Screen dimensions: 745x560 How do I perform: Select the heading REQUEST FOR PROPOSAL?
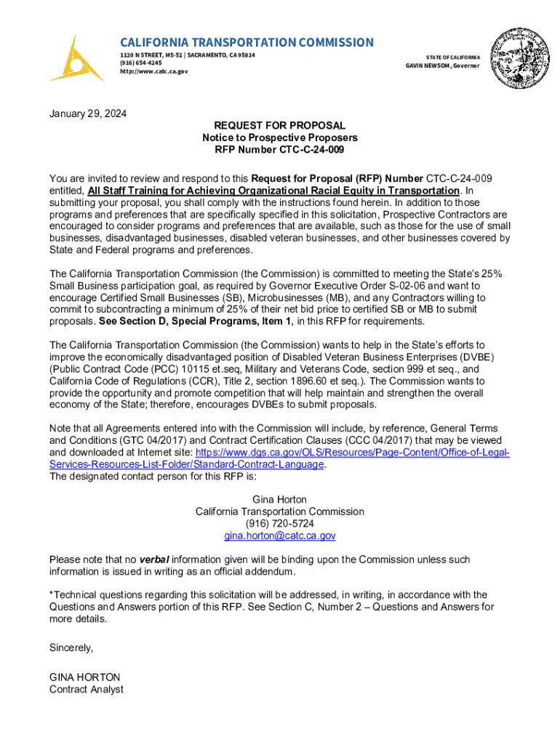coord(280,126)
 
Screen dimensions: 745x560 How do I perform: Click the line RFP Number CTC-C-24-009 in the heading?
coord(280,150)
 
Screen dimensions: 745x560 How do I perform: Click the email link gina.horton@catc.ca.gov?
coord(280,535)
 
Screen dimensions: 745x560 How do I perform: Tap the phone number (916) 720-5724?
coord(280,524)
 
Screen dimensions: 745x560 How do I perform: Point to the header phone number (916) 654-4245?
coord(141,63)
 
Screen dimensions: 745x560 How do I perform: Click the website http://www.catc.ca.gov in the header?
coord(153,71)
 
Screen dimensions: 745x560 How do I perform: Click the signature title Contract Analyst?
coord(86,689)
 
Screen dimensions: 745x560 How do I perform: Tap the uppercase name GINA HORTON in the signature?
coord(84,677)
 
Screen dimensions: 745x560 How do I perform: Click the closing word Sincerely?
coord(71,647)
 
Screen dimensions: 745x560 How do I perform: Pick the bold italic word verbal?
coord(154,559)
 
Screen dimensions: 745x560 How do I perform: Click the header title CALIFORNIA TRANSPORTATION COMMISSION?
coord(247,42)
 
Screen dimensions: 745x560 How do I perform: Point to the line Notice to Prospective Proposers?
coord(280,138)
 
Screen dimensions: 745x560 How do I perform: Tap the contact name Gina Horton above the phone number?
coord(280,500)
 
